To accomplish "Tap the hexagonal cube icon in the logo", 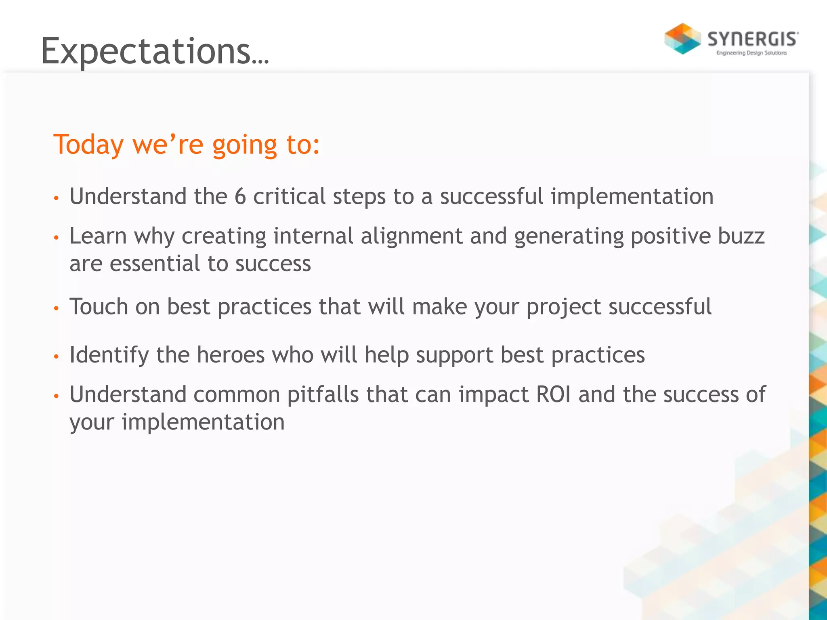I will click(x=682, y=39).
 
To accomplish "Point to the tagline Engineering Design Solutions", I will click(x=751, y=53).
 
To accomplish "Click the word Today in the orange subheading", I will click(x=88, y=145).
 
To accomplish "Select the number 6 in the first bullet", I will click(x=240, y=197).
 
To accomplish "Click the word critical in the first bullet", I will click(x=289, y=197).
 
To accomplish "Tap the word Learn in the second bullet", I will click(x=98, y=236).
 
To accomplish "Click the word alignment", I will click(x=411, y=236).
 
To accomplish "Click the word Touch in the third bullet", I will click(x=99, y=307).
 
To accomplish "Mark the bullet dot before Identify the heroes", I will click(x=57, y=356).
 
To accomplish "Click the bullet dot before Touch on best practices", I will click(x=57, y=308).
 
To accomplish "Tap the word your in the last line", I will click(x=92, y=423).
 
